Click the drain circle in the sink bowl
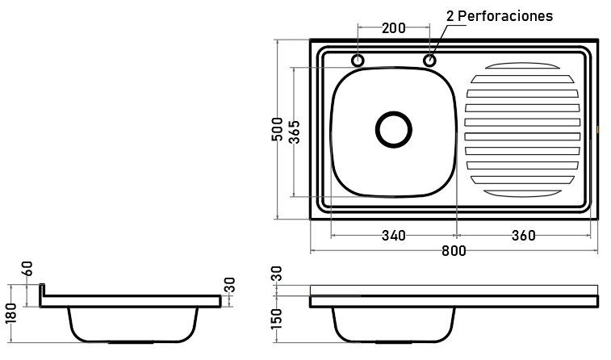(394, 113)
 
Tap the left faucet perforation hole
(358, 56)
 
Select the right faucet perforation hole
(429, 56)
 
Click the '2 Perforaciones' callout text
(499, 16)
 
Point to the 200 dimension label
(394, 28)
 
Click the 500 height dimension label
(277, 129)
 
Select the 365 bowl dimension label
(295, 132)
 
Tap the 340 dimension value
(394, 236)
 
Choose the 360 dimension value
(523, 236)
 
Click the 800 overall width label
(454, 250)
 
